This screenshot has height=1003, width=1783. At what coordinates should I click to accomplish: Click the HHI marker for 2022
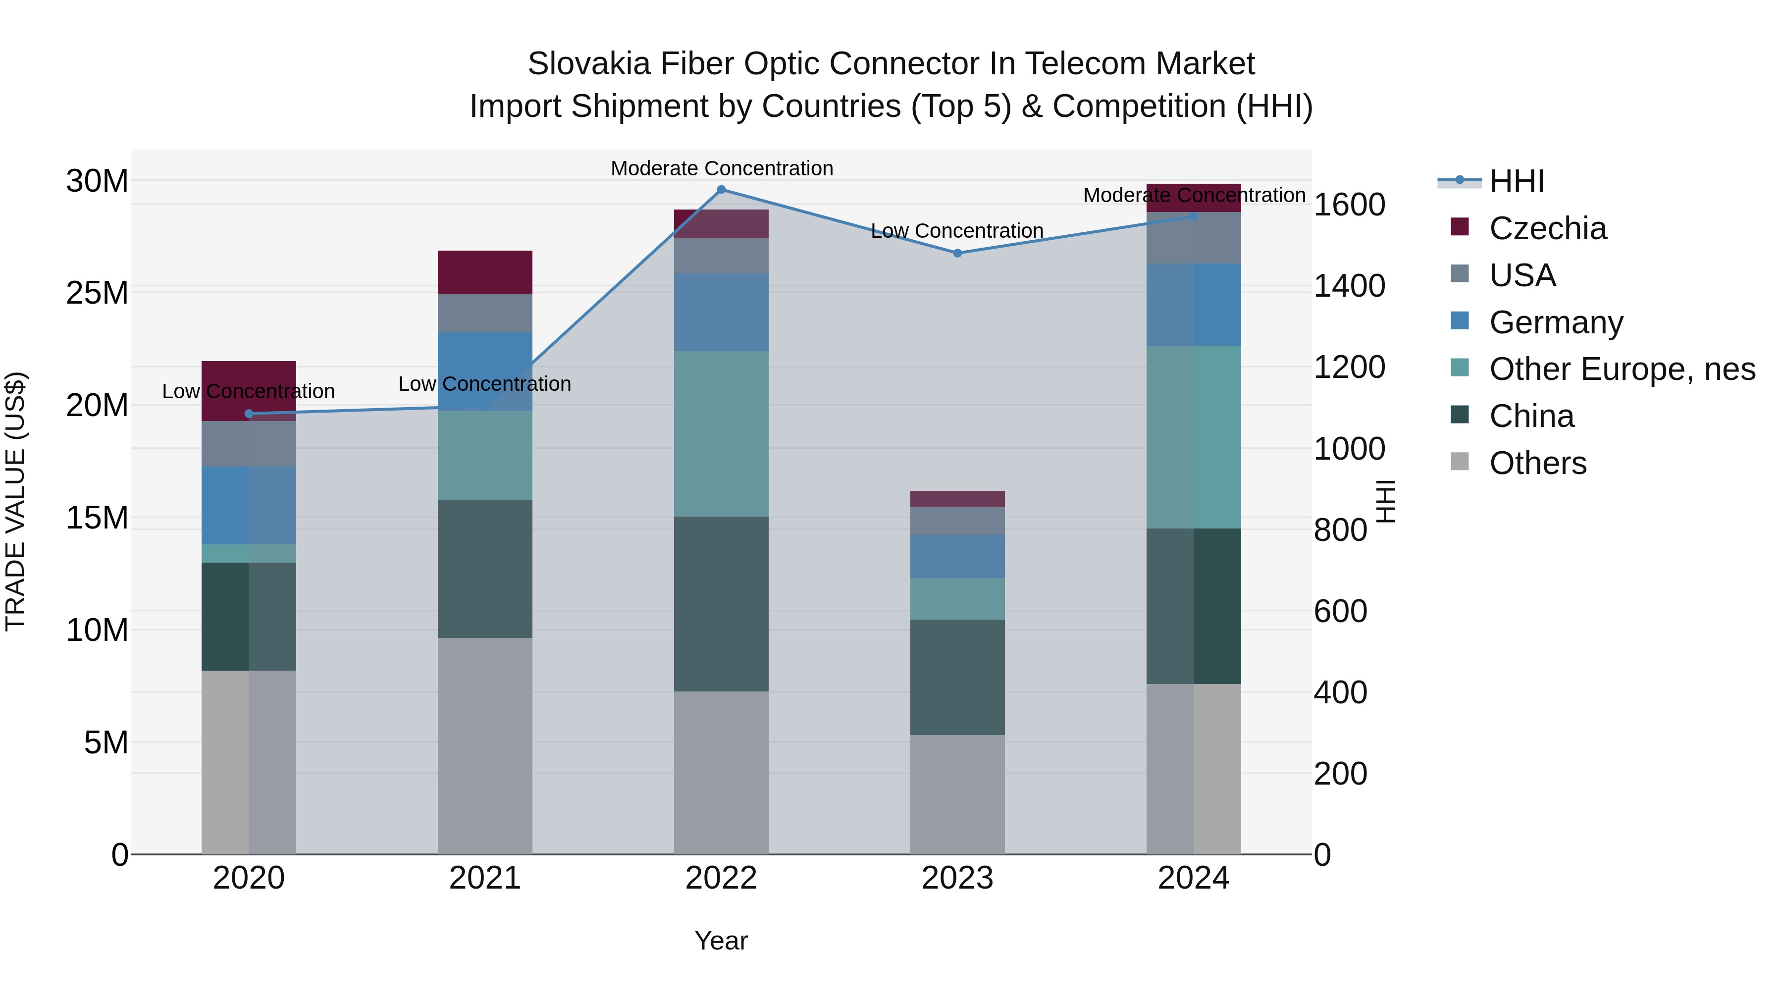pos(721,190)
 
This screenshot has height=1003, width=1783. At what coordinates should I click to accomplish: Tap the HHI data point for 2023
pos(957,253)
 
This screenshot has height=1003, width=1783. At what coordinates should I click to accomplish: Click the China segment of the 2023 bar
pos(957,677)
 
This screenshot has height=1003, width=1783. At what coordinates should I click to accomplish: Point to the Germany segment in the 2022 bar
pos(721,312)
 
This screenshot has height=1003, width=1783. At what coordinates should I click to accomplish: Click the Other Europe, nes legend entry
pos(1622,369)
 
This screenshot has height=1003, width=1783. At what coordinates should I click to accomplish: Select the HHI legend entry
pos(1516,181)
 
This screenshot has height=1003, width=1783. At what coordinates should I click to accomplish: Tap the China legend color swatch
pos(1459,416)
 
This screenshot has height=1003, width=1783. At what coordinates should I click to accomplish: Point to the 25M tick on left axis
pos(97,293)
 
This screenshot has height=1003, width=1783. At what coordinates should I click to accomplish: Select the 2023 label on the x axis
pos(957,878)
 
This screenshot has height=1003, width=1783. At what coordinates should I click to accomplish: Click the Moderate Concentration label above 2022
pos(721,168)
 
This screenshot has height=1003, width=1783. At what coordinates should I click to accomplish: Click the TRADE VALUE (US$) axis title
pos(15,501)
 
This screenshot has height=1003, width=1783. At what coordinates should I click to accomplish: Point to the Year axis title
pos(721,941)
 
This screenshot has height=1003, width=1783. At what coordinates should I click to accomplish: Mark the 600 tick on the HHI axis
pos(1340,611)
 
